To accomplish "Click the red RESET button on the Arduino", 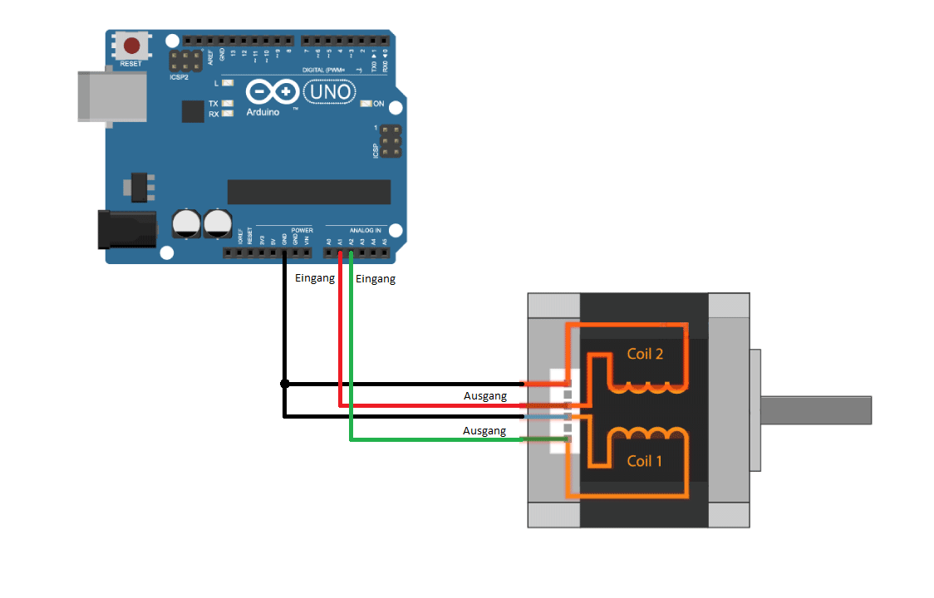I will click(x=130, y=44).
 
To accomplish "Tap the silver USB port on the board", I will click(x=105, y=96).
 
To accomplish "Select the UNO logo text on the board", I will click(x=330, y=92).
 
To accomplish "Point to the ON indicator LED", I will click(x=366, y=104).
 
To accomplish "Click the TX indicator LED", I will click(x=227, y=104).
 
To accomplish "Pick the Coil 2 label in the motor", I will click(x=645, y=354).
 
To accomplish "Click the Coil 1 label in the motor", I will click(x=645, y=460).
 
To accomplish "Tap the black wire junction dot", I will click(x=285, y=384).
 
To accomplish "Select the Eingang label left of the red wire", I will click(x=315, y=278).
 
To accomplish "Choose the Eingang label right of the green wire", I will click(x=376, y=279).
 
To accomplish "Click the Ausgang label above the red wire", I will click(x=484, y=396).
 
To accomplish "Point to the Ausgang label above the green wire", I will click(x=484, y=431).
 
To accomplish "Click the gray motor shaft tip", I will click(x=864, y=410).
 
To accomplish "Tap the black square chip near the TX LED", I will click(x=193, y=111).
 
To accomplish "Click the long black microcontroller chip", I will click(x=308, y=192).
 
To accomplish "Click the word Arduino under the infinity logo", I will click(x=263, y=111).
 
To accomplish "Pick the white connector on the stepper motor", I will click(x=560, y=410).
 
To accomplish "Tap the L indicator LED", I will click(x=227, y=83).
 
